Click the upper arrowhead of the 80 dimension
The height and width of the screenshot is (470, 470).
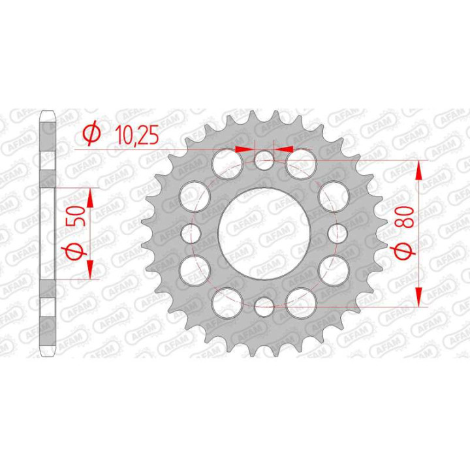pyautogui.click(x=418, y=170)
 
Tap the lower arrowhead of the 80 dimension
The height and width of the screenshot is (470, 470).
pyautogui.click(x=418, y=296)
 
